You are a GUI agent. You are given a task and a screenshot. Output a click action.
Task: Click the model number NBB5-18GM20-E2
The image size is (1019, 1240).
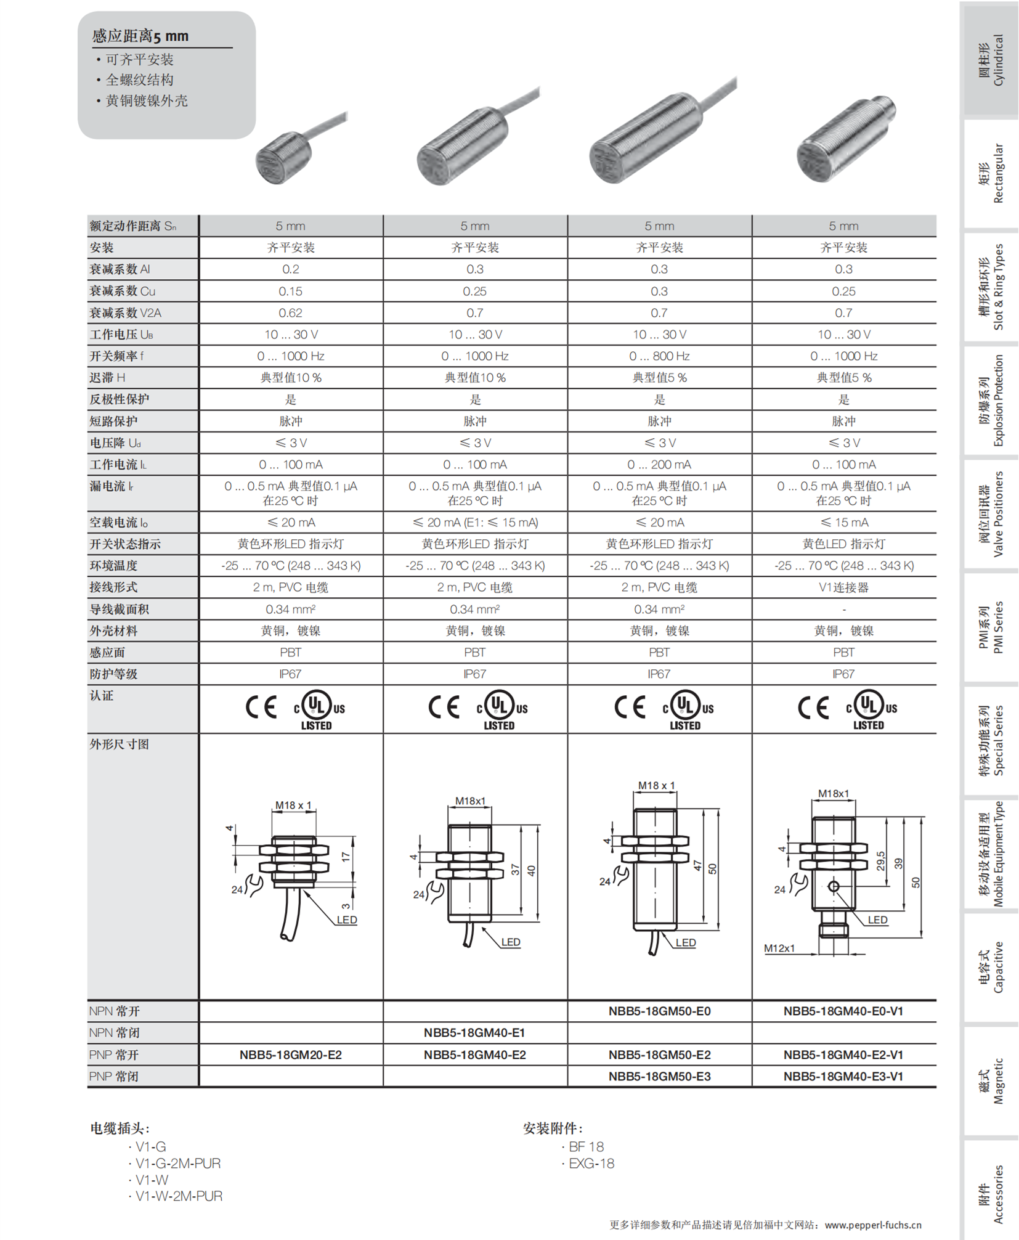tap(290, 1054)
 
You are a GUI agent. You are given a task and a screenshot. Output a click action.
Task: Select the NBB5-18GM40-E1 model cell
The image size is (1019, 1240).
tap(474, 1032)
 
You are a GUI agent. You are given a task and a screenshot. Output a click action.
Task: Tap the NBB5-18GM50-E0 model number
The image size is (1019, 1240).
tap(659, 1011)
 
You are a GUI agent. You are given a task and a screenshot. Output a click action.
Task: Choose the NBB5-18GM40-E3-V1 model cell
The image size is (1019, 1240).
tap(843, 1076)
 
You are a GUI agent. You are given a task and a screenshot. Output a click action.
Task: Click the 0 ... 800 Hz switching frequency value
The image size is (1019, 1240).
tap(659, 356)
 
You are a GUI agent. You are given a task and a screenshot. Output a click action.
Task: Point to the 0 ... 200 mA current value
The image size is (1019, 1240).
tap(659, 465)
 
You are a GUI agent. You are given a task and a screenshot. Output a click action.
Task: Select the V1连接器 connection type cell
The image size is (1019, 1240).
tap(843, 587)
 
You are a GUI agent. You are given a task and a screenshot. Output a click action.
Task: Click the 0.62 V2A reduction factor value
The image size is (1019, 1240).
tap(290, 313)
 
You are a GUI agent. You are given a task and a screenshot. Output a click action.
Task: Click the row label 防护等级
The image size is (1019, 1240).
tap(113, 674)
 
